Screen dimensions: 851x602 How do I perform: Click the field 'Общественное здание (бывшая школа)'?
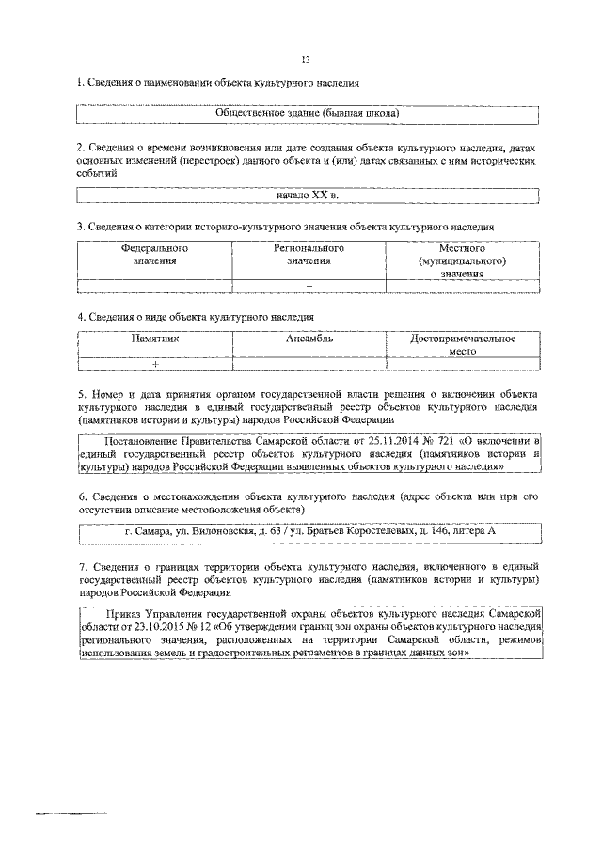point(307,114)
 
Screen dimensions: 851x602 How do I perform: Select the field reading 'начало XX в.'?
point(307,195)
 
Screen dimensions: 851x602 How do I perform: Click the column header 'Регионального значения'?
point(309,255)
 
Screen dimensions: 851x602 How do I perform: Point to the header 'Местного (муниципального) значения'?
point(462,260)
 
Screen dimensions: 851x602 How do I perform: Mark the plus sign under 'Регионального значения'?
point(309,286)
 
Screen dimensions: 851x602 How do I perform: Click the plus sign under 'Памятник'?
point(154,363)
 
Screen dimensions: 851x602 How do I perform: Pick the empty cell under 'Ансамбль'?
point(309,363)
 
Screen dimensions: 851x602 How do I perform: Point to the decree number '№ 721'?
point(411,439)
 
